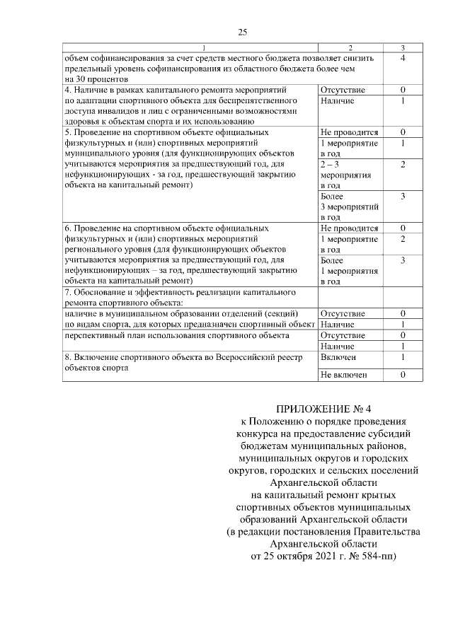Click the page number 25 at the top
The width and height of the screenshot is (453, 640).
click(x=242, y=32)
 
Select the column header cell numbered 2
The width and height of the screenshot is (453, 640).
click(x=349, y=47)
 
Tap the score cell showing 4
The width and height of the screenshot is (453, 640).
click(x=402, y=57)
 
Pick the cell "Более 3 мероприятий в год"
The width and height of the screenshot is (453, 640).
click(x=349, y=206)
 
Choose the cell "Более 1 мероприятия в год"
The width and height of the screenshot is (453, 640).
click(x=349, y=271)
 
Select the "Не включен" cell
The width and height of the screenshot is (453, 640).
click(x=344, y=375)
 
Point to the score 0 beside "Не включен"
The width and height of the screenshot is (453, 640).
click(x=402, y=375)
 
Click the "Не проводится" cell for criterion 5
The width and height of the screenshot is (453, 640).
click(x=349, y=132)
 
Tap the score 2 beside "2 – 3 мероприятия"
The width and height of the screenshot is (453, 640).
click(x=402, y=164)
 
